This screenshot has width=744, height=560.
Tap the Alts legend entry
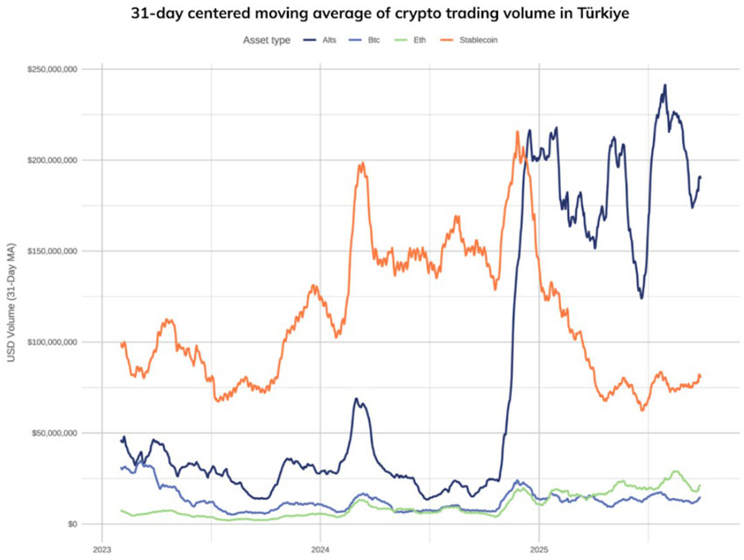tap(329, 39)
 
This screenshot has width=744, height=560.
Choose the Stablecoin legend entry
tap(480, 39)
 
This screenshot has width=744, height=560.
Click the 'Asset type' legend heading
tap(267, 39)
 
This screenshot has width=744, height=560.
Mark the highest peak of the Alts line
tap(665, 86)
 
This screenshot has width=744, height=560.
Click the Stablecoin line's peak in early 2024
tap(361, 163)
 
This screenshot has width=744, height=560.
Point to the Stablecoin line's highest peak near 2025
tap(517, 132)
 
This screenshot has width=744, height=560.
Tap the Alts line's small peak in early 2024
tap(356, 399)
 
